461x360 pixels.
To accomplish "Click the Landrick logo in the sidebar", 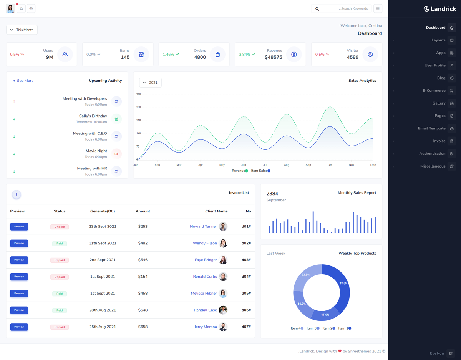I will [x=439, y=9].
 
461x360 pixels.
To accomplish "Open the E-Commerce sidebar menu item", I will [x=434, y=91].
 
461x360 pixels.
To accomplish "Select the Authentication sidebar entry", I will [x=432, y=154].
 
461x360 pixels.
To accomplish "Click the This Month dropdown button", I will [x=22, y=30].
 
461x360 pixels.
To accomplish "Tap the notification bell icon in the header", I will [x=22, y=8].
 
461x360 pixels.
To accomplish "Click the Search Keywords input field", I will [x=346, y=8].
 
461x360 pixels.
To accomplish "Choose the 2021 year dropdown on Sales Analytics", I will [x=150, y=83].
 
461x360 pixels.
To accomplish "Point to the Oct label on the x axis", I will [x=330, y=165].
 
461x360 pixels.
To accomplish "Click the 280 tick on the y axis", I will [x=139, y=107].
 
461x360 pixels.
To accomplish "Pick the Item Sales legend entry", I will [x=260, y=171].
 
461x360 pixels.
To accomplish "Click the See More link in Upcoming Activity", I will [x=23, y=81].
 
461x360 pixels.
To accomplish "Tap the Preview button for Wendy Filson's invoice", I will [x=19, y=243].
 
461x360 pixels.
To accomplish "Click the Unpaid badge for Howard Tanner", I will [x=60, y=227].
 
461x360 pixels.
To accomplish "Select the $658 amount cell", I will [x=143, y=327].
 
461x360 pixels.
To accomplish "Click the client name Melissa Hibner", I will [x=204, y=294].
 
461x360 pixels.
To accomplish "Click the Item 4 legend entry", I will [x=297, y=328].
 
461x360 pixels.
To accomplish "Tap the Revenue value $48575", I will [x=273, y=57].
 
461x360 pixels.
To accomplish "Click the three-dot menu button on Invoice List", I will [x=17, y=195].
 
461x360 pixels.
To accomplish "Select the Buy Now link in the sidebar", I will [x=437, y=353].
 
